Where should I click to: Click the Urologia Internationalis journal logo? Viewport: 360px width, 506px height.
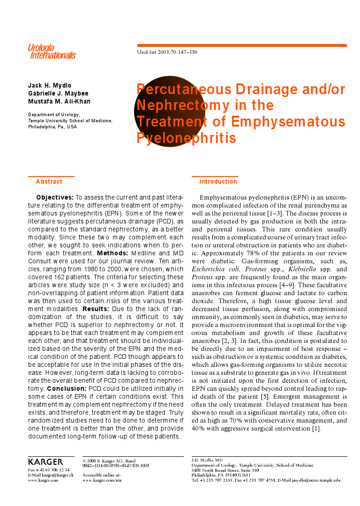pyautogui.click(x=51, y=52)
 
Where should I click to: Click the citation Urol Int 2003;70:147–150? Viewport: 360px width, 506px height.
pyautogui.click(x=167, y=52)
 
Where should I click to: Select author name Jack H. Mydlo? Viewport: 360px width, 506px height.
pyautogui.click(x=50, y=85)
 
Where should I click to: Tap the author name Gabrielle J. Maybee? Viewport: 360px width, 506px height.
pyautogui.click(x=58, y=93)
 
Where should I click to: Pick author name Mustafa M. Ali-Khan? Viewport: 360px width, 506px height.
pyautogui.click(x=59, y=101)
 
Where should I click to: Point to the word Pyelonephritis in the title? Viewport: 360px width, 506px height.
pyautogui.click(x=186, y=138)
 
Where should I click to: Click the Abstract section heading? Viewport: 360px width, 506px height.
pyautogui.click(x=49, y=181)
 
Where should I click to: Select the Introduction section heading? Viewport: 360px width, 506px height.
pyautogui.click(x=218, y=181)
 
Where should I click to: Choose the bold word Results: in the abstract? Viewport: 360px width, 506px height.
pyautogui.click(x=96, y=309)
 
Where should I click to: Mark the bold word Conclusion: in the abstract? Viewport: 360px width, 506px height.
pyautogui.click(x=67, y=388)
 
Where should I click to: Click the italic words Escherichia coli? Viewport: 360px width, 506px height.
pyautogui.click(x=216, y=269)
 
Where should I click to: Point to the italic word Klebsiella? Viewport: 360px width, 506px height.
pyautogui.click(x=304, y=269)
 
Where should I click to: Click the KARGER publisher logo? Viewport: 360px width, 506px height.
pyautogui.click(x=45, y=461)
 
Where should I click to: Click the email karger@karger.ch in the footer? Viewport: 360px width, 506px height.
pyautogui.click(x=55, y=475)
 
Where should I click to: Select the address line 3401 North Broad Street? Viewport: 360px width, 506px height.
pyautogui.click(x=225, y=470)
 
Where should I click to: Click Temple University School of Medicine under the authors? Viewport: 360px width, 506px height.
pyautogui.click(x=70, y=120)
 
